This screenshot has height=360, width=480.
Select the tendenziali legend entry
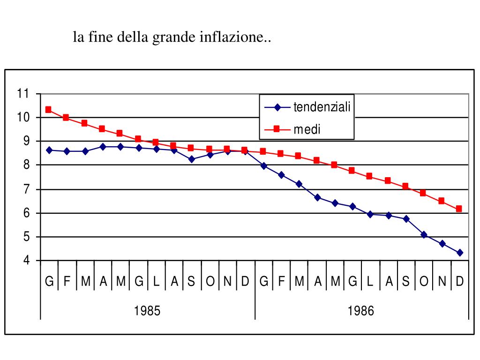tap(322, 107)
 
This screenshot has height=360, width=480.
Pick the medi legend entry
tap(307, 129)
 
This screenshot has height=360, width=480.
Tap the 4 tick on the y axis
tap(25, 261)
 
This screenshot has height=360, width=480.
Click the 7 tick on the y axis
tap(25, 189)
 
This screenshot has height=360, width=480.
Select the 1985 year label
tap(147, 310)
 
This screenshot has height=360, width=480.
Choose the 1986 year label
tap(361, 310)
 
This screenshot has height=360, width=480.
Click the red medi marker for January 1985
tap(48, 110)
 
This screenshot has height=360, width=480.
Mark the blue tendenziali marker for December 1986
tap(460, 253)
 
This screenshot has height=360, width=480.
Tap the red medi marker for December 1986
tap(459, 209)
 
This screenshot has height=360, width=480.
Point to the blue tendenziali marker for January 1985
tap(49, 150)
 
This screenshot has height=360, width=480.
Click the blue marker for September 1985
tap(191, 159)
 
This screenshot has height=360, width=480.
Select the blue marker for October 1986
tap(424, 235)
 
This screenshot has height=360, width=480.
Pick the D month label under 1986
tap(459, 282)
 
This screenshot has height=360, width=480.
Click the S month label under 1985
tap(191, 282)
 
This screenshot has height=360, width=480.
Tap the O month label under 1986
tap(424, 282)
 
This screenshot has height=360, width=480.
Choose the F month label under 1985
tap(67, 282)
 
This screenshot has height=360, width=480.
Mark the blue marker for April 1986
tap(317, 197)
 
